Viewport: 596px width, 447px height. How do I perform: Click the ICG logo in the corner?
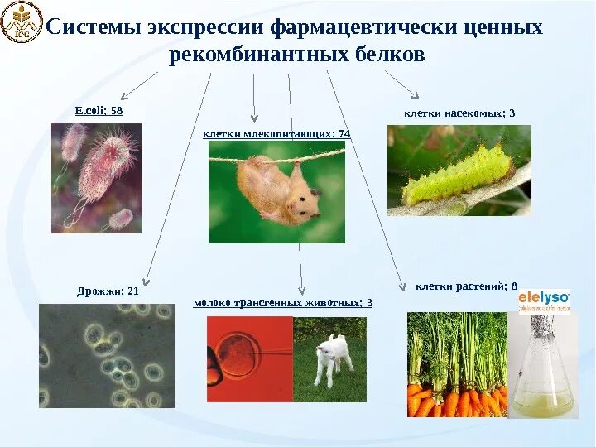21,22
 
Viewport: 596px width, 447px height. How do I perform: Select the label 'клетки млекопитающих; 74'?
276,133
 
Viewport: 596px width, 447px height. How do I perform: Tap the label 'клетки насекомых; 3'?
459,113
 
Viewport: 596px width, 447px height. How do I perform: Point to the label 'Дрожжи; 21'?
108,291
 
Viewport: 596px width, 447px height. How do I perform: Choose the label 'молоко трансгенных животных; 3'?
282,303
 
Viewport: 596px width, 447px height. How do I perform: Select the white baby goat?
333,357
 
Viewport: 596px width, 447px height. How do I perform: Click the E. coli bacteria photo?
96,177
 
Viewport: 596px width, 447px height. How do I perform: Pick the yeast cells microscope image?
107,356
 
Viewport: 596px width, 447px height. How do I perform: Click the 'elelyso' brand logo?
544,300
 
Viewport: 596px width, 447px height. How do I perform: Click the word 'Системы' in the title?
94,27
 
